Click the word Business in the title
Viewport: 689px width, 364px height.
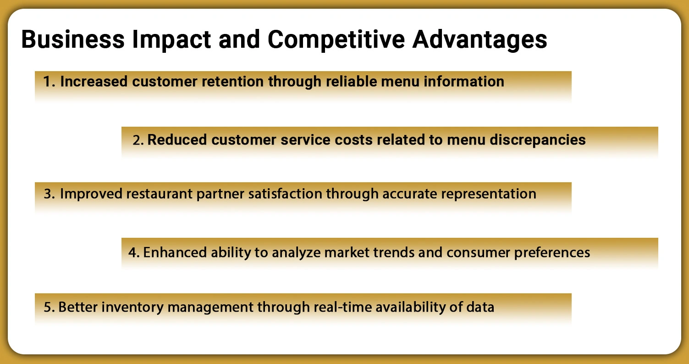72,40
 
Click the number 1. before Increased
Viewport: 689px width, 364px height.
50,82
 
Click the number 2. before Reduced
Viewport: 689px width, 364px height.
138,140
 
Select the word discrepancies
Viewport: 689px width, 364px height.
537,140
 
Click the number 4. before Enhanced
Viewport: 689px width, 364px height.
134,252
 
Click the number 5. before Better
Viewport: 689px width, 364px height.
50,307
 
